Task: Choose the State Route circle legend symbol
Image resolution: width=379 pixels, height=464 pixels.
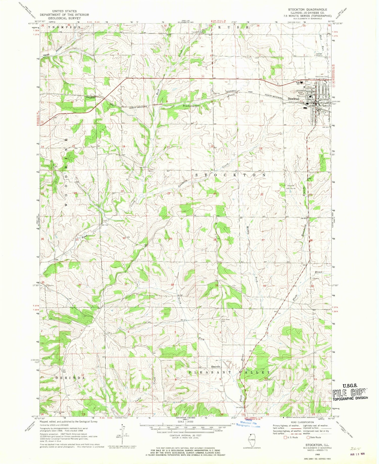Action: click(x=308, y=437)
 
